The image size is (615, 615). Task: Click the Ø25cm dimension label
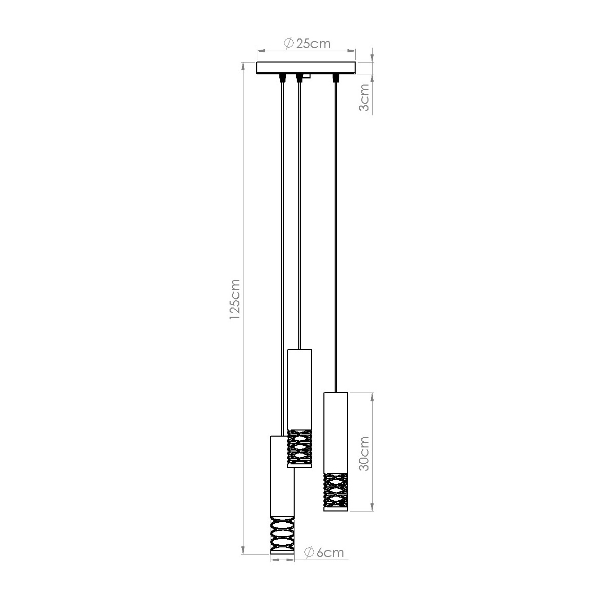[x=306, y=44]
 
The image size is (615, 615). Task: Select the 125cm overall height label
[x=234, y=299]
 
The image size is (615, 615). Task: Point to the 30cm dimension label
[x=364, y=455]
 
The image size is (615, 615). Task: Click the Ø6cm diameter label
[x=323, y=552]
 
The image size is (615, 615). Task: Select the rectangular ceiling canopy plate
[x=306, y=68]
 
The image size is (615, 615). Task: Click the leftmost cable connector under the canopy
[x=281, y=78]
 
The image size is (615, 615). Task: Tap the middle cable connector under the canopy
[x=299, y=78]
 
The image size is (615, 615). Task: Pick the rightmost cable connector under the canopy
[x=336, y=78]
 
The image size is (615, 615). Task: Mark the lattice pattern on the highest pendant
[x=299, y=445]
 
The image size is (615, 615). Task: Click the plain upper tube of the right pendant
[x=336, y=430]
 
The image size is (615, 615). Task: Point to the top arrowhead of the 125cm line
[x=243, y=66]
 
